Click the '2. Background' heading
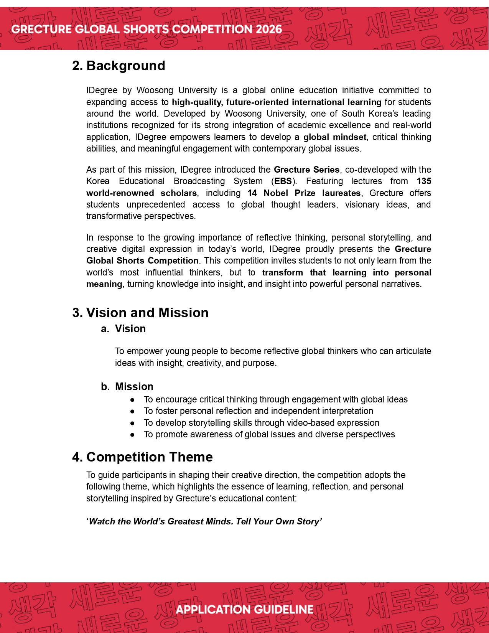119,66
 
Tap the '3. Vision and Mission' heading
140,313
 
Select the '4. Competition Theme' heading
142,457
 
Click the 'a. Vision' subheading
123,329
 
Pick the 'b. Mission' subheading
127,386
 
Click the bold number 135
424,181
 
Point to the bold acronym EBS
283,181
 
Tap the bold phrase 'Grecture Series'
306,170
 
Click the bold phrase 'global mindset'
335,137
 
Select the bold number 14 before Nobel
252,193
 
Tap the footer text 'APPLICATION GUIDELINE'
244,610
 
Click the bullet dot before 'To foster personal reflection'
132,411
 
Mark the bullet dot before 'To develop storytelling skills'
132,423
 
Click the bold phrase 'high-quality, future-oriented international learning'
277,102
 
